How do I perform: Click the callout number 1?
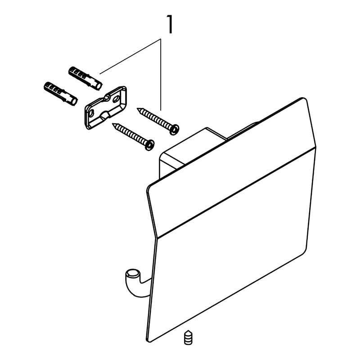point(170,24)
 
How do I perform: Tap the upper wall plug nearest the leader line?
point(85,78)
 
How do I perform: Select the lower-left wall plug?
point(61,94)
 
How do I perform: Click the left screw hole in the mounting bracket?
point(91,113)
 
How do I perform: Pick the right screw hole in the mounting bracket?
point(116,99)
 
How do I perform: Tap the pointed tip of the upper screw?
point(137,108)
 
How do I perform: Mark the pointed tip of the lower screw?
point(112,124)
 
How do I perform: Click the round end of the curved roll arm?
point(131,274)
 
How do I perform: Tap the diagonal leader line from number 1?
point(130,57)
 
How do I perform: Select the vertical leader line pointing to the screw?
point(161,75)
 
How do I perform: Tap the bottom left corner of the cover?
point(148,341)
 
